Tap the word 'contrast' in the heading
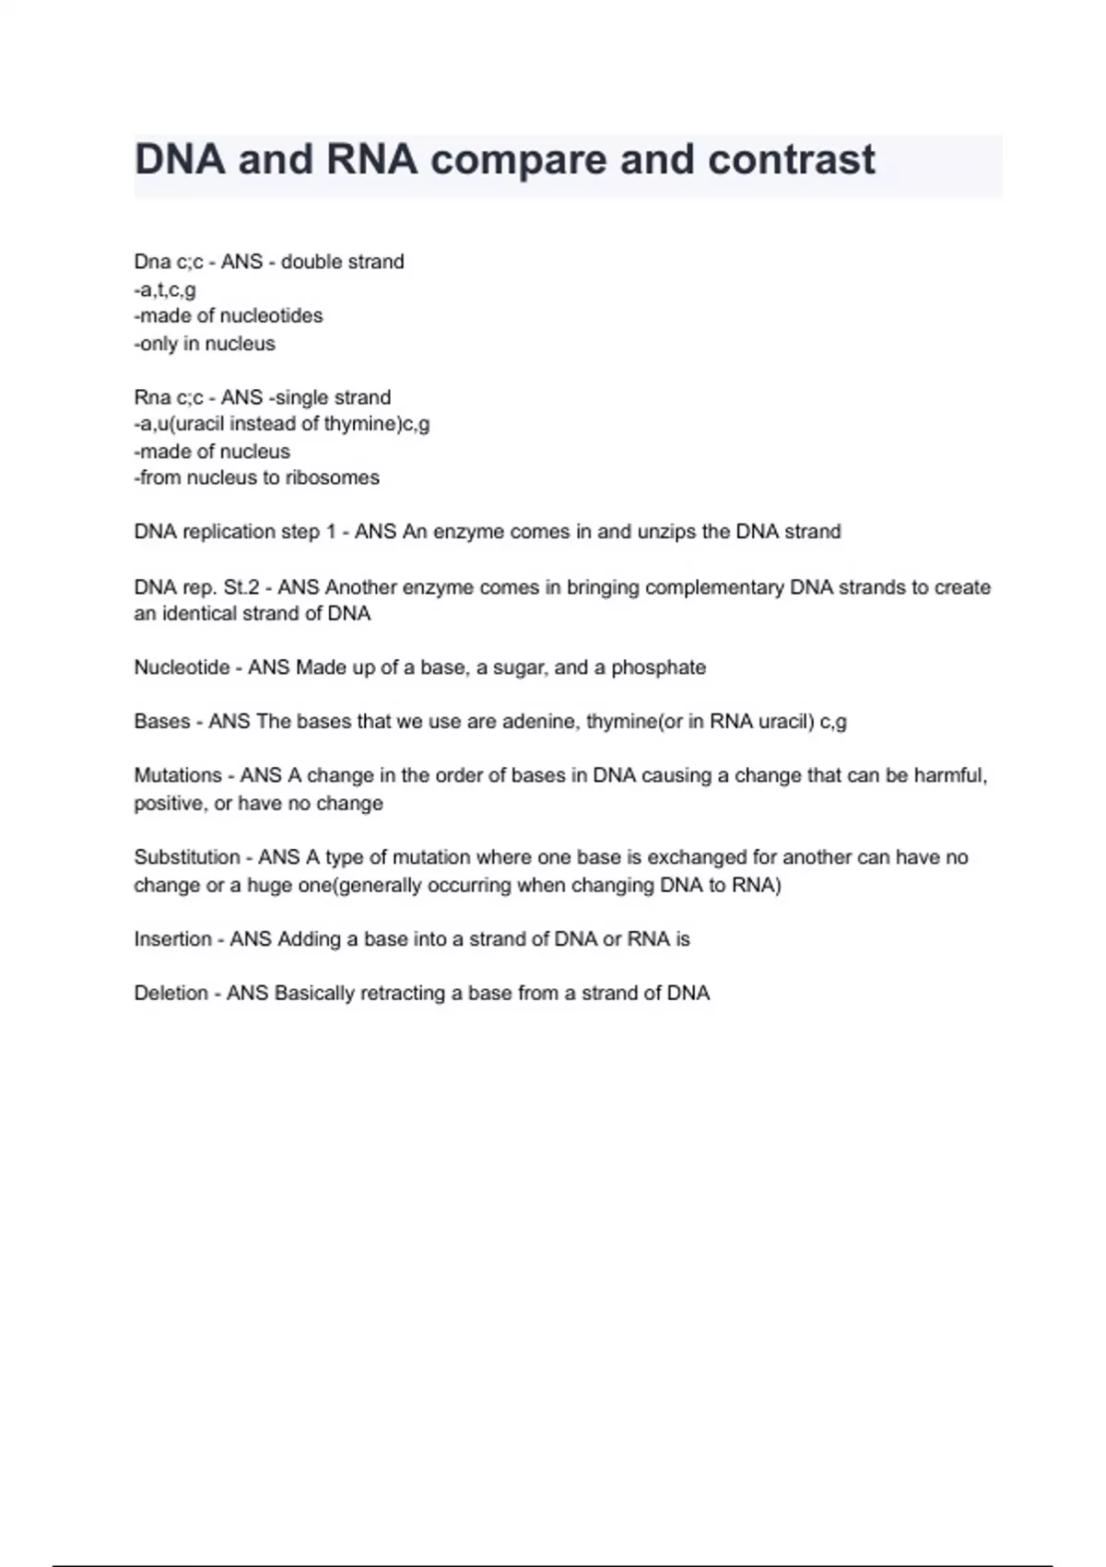791,160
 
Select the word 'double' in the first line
310,262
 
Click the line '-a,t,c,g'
165,289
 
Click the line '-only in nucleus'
205,344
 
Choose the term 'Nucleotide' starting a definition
182,667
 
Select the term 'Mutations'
178,775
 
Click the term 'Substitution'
187,857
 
